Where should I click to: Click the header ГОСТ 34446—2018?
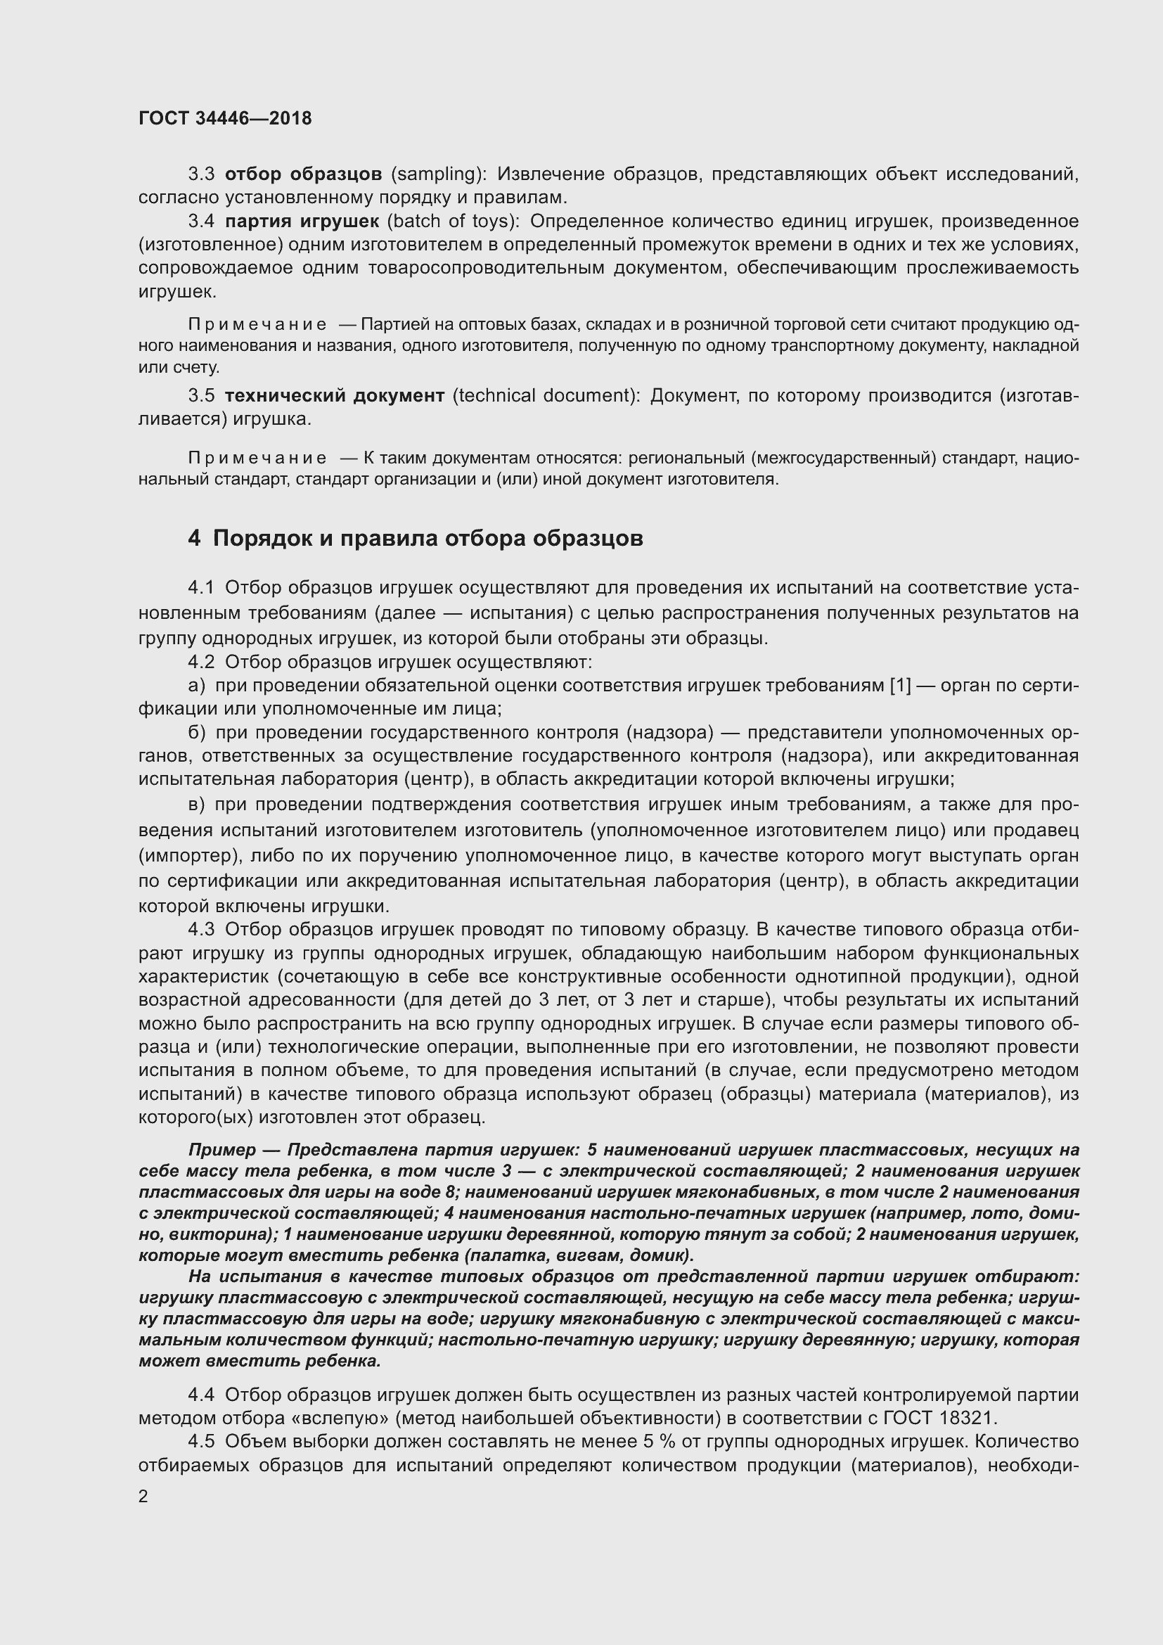pos(225,118)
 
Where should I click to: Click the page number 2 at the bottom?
pos(143,1496)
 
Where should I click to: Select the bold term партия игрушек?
pos(302,222)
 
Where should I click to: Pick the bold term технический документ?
pos(335,395)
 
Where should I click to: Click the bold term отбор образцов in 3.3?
pos(303,174)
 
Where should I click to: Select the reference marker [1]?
pos(899,686)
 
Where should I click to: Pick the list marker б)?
pos(197,733)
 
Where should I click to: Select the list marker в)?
pos(197,805)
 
